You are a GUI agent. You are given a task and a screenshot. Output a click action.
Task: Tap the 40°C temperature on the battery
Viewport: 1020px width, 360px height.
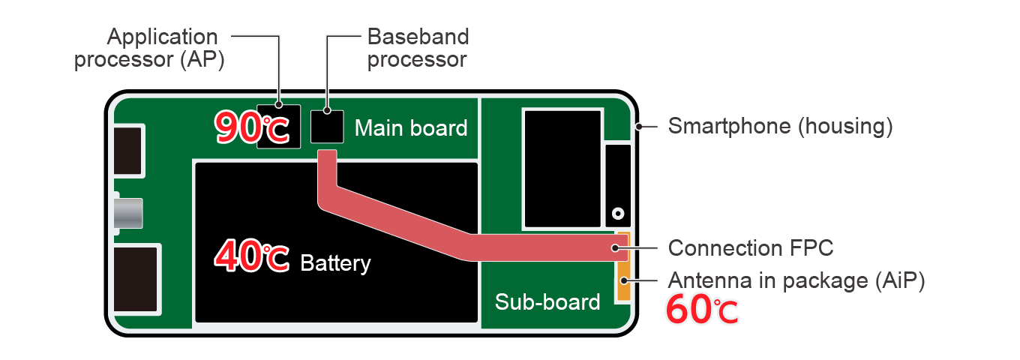[x=251, y=256]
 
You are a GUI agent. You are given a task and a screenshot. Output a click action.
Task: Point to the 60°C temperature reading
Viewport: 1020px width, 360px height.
[x=703, y=310]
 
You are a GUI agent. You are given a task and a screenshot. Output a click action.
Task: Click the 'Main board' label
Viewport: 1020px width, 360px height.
[x=410, y=128]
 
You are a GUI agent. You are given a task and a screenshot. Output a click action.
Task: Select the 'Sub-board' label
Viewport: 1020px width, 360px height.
[x=547, y=301]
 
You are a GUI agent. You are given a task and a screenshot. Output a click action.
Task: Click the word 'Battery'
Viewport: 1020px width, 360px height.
[x=335, y=263]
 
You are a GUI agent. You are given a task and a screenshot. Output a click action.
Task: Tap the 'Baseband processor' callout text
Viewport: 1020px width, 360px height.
[x=417, y=48]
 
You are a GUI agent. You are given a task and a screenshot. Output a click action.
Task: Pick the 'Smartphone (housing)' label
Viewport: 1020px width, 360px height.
[x=780, y=126]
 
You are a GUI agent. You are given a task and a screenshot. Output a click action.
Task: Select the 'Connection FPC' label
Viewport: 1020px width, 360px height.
[x=751, y=247]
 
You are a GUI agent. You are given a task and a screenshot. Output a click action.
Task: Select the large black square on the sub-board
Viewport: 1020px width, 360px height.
[x=562, y=168]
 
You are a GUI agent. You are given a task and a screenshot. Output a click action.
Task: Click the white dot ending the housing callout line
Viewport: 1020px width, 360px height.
[x=638, y=126]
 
